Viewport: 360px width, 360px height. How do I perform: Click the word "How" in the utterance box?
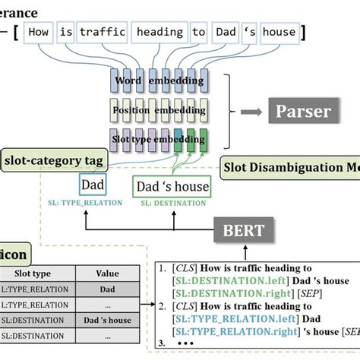(41, 32)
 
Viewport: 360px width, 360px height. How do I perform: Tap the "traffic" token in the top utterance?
(103, 32)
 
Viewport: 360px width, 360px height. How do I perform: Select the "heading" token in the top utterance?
(159, 32)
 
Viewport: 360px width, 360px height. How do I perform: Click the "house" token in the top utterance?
(278, 32)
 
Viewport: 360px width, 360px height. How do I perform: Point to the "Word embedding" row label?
(164, 81)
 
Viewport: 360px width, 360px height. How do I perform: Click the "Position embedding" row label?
(164, 109)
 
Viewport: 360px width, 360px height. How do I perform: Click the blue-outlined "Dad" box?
(93, 185)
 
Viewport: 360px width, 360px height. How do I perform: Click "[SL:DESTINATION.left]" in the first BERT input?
(221, 282)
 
